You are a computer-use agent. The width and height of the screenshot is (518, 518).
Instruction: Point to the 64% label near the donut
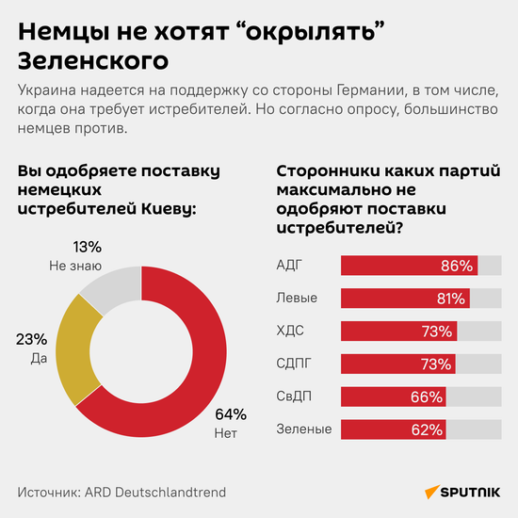point(231,414)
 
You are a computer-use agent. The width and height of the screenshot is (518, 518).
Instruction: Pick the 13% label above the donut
point(88,247)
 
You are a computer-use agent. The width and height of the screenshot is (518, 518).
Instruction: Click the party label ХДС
point(290,331)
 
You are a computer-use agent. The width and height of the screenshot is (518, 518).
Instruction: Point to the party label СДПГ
point(295,364)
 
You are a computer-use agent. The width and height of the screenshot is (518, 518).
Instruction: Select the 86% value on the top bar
point(457,266)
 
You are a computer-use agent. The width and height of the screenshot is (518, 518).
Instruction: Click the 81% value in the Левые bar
point(449,299)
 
